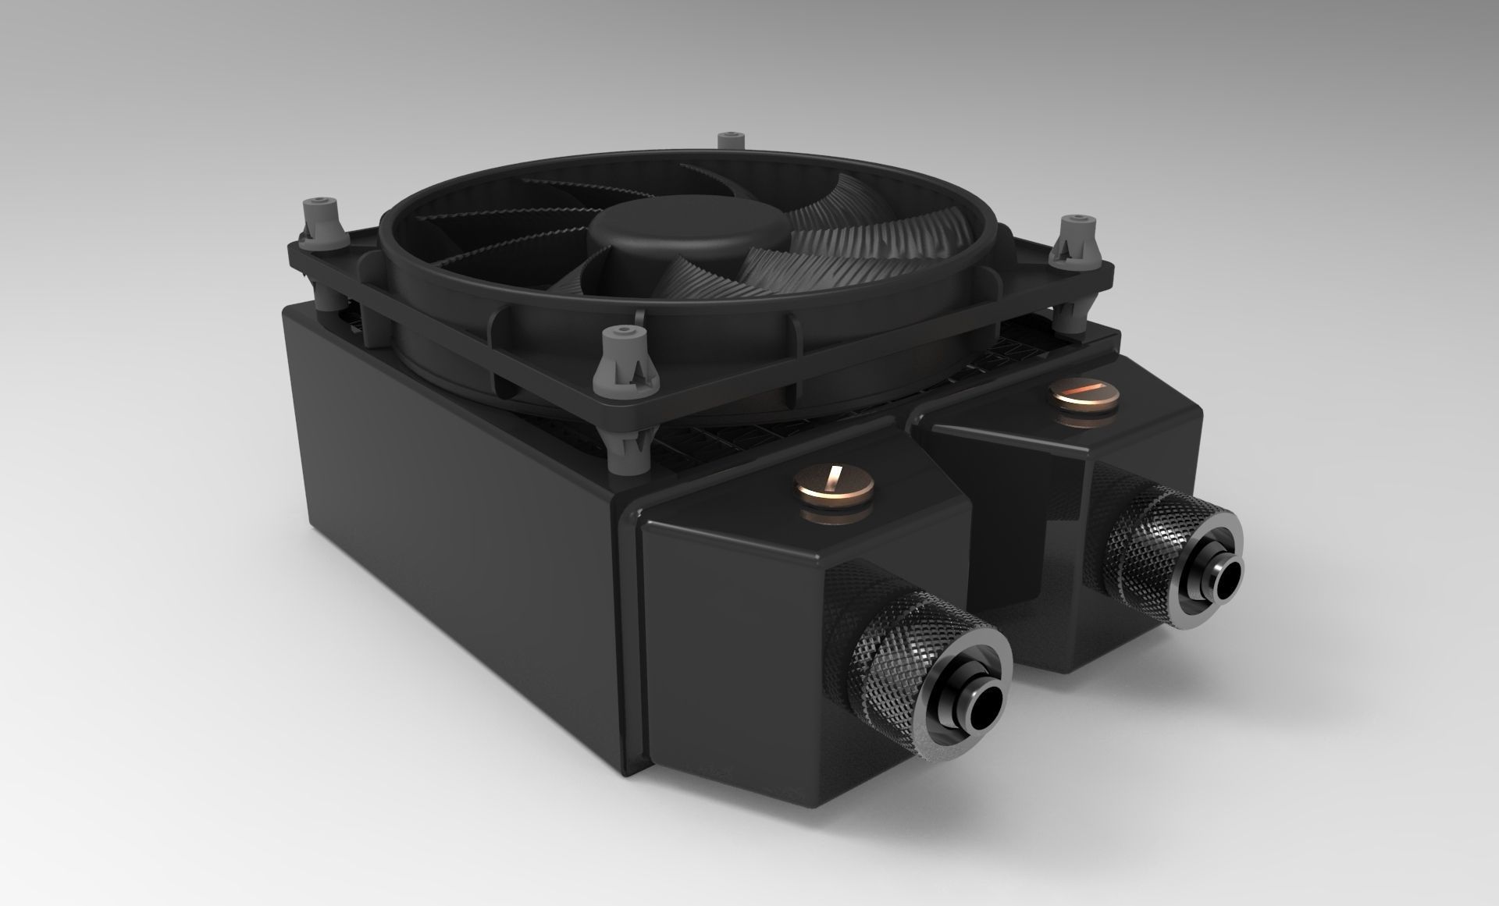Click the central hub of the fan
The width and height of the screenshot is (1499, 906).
pyautogui.click(x=687, y=226)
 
